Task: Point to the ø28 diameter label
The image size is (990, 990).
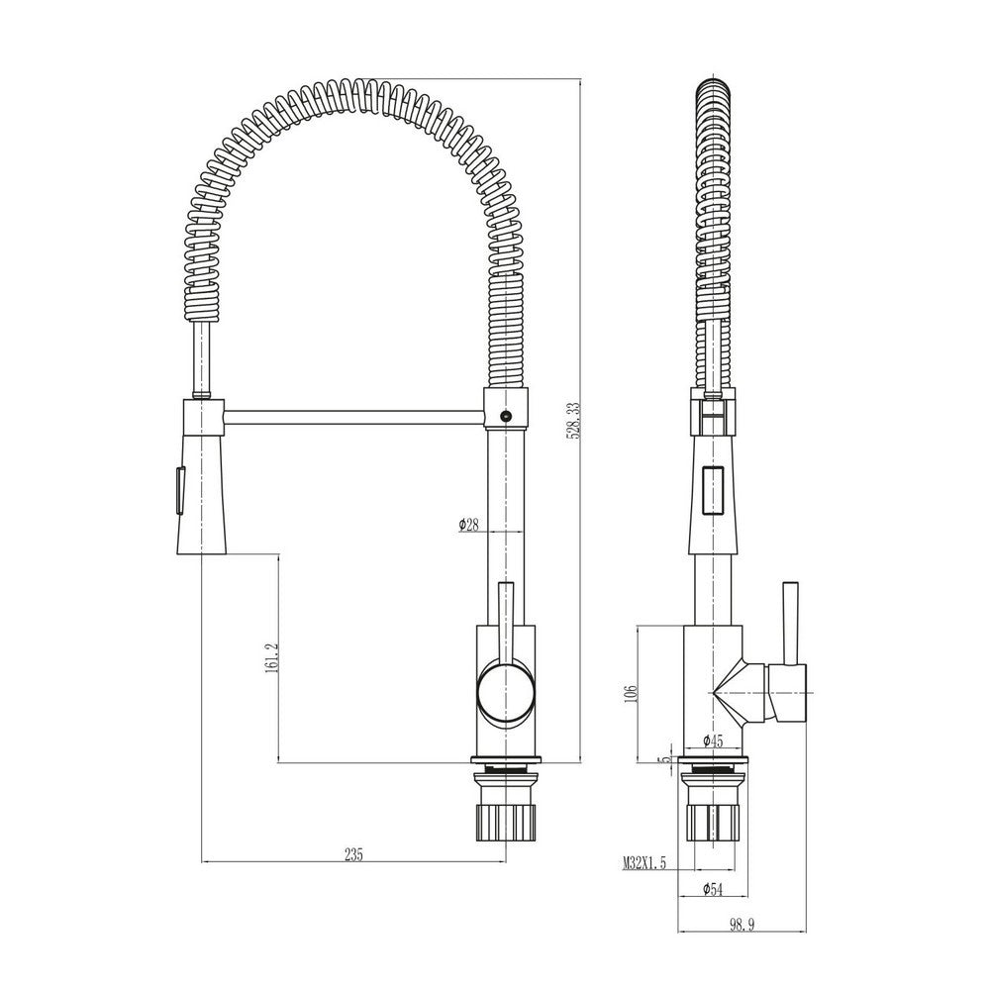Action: tap(468, 525)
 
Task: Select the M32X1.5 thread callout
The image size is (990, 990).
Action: tap(644, 863)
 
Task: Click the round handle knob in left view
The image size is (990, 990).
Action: tap(505, 690)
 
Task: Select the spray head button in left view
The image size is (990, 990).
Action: tap(178, 490)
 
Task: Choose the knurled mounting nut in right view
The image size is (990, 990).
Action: tap(713, 819)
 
